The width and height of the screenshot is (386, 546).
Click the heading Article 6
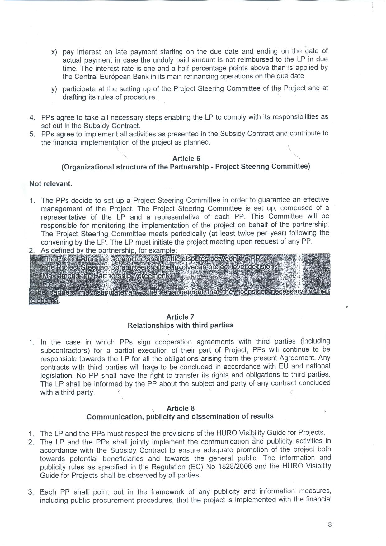(x=186, y=159)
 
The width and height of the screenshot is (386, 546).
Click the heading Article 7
(x=180, y=317)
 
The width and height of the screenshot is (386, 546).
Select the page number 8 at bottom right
(x=330, y=525)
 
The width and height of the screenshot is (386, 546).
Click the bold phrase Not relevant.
(x=51, y=184)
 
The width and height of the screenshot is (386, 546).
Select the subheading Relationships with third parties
(x=180, y=325)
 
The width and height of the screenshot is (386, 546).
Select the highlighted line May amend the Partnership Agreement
(x=105, y=276)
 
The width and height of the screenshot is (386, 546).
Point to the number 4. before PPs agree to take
(x=32, y=118)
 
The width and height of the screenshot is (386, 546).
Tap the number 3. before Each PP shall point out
(x=31, y=492)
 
